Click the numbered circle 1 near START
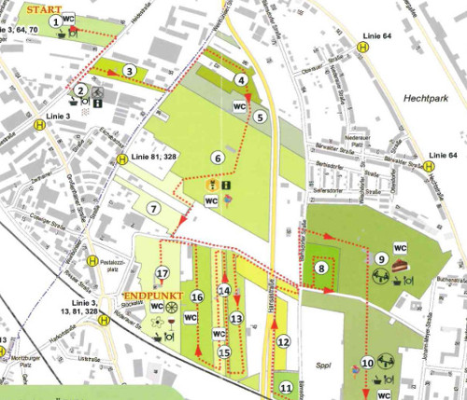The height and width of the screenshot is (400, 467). click(x=57, y=21)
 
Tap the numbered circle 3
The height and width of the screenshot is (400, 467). click(x=131, y=70)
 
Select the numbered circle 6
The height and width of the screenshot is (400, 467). click(x=217, y=159)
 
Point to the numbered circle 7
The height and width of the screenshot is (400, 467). click(x=152, y=208)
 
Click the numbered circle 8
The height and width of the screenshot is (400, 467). click(x=321, y=269)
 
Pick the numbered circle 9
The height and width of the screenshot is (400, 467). click(x=381, y=257)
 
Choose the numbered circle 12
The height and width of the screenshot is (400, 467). click(x=283, y=342)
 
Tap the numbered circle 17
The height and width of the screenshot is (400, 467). click(x=163, y=273)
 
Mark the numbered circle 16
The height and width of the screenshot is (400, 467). click(x=197, y=297)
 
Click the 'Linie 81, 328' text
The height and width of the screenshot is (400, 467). click(x=155, y=157)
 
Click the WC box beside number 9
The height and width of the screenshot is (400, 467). click(x=400, y=247)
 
